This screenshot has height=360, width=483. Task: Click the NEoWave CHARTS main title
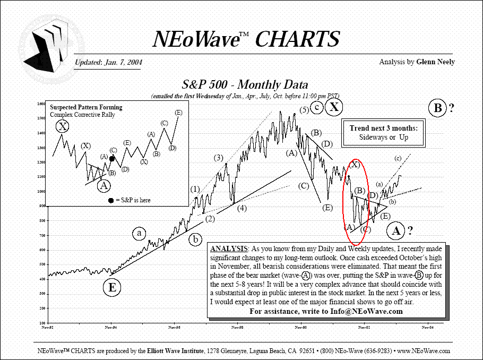pyautogui.click(x=245, y=39)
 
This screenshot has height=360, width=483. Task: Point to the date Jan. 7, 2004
pyautogui.click(x=123, y=62)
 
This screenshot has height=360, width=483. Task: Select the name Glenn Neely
pyautogui.click(x=436, y=62)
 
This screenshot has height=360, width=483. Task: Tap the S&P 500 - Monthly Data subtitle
pyautogui.click(x=245, y=85)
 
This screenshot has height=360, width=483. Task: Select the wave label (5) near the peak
pyautogui.click(x=304, y=110)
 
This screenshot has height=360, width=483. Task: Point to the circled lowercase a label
pyautogui.click(x=139, y=233)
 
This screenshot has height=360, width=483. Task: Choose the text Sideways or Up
pyautogui.click(x=383, y=138)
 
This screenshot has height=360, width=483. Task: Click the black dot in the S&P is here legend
pyautogui.click(x=111, y=200)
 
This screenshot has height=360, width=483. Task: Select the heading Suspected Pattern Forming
pyautogui.click(x=86, y=107)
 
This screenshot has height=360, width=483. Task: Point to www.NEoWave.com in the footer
pyautogui.click(x=424, y=351)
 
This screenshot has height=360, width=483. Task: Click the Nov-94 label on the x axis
pyautogui.click(x=111, y=328)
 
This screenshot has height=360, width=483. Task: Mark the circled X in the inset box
pyautogui.click(x=63, y=126)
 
